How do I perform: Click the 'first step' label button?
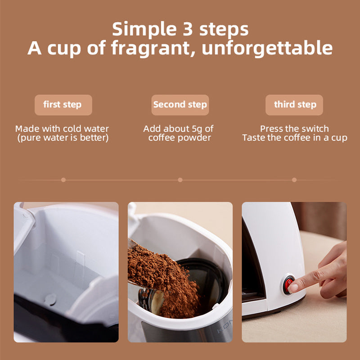(63, 105)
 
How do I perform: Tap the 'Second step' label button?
(180, 105)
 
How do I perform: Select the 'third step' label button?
(295, 105)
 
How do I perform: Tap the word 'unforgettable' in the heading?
(267, 48)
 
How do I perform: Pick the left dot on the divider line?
(63, 180)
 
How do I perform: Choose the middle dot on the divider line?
(180, 180)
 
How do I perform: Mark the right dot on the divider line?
(294, 180)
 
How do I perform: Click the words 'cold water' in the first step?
(85, 129)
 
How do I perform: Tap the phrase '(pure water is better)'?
(63, 138)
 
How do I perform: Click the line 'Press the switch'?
(295, 129)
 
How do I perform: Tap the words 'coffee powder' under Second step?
(180, 138)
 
